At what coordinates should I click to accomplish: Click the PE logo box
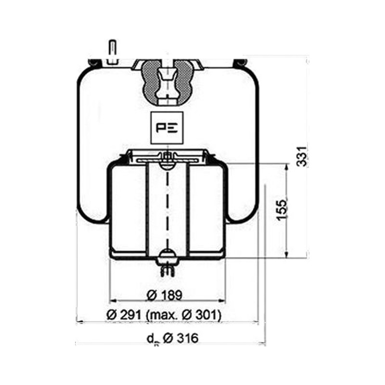tap(167, 128)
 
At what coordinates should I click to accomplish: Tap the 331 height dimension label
tap(302, 157)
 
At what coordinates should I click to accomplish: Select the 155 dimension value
tap(282, 209)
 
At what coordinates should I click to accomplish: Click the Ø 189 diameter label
tap(165, 295)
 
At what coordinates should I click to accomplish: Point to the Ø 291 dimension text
tap(124, 315)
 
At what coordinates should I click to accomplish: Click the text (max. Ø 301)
tap(183, 315)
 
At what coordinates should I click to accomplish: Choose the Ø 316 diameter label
tap(180, 338)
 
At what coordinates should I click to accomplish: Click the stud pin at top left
tap(113, 52)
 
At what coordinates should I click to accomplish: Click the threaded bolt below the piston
tap(167, 270)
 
